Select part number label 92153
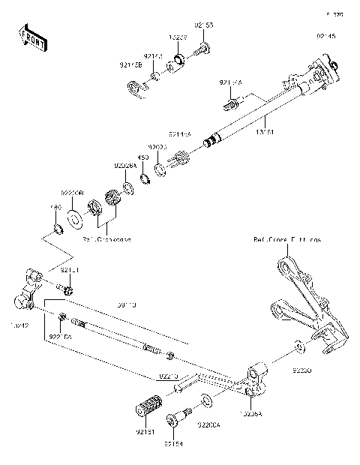[x=204, y=25]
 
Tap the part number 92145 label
[x=326, y=34]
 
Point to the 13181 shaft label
[x=265, y=132]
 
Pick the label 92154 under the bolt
[x=173, y=445]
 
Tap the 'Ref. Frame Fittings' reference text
[x=286, y=240]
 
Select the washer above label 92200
[x=298, y=347]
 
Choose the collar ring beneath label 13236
[x=181, y=59]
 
